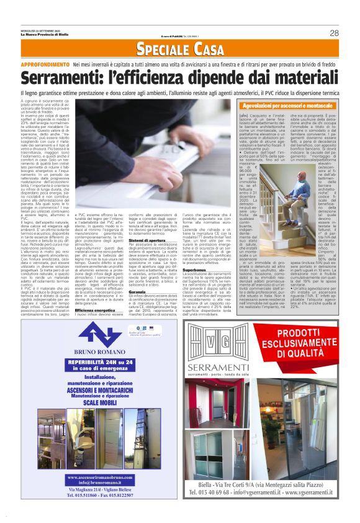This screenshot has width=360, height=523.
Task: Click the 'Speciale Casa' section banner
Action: point(179,49)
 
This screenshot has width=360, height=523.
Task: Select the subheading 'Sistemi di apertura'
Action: point(148,240)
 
